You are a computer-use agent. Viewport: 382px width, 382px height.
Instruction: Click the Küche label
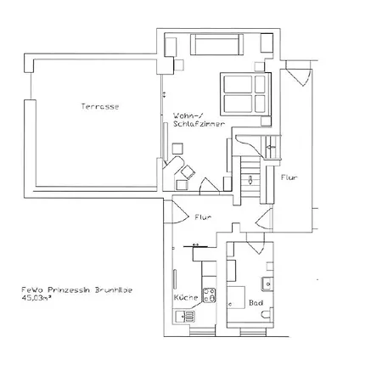click(x=185, y=300)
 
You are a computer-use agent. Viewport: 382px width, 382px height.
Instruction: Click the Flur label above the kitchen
click(x=203, y=216)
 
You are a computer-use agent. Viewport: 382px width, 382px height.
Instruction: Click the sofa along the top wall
click(x=216, y=44)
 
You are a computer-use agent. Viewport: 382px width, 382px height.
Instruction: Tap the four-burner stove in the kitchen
click(x=209, y=297)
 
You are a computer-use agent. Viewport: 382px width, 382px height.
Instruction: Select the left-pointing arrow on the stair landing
click(x=270, y=147)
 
